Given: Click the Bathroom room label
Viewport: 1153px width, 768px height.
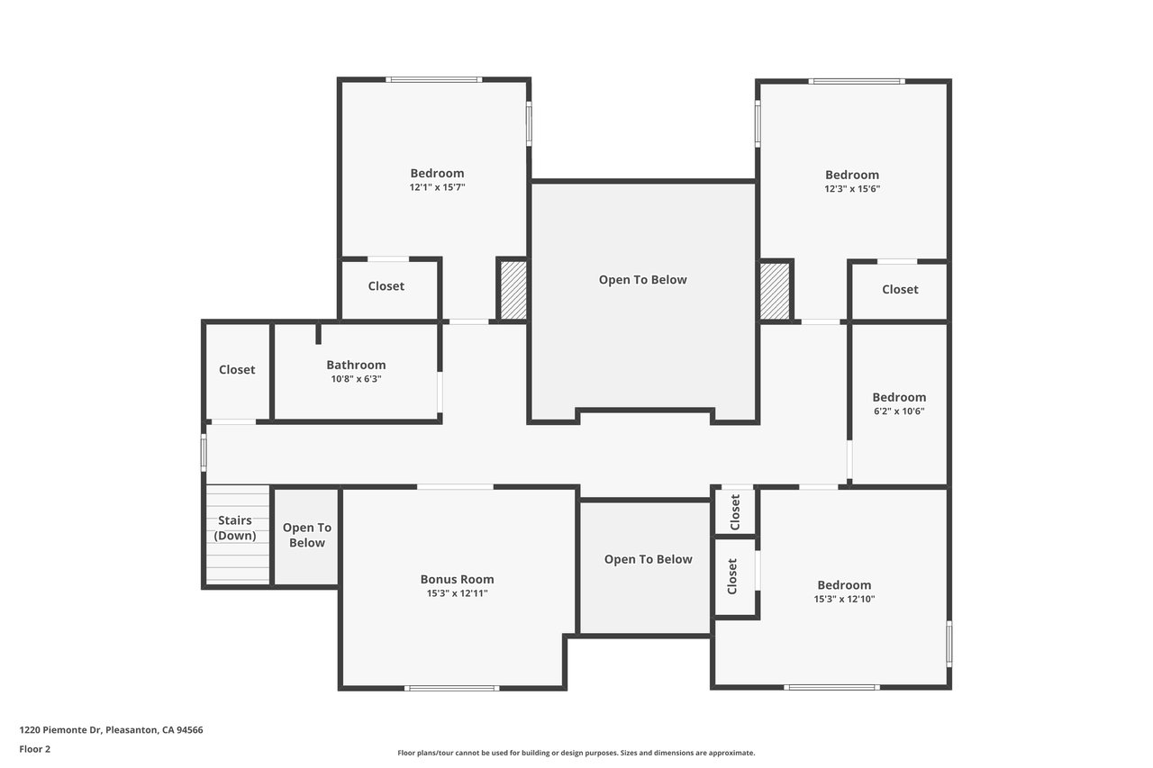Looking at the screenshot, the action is [x=356, y=365].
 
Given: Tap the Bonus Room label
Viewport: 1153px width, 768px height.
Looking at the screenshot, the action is [x=457, y=579].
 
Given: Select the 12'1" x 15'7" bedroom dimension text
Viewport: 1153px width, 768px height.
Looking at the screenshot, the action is [x=437, y=187].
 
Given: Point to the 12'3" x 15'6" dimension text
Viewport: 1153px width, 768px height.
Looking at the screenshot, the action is [x=852, y=189].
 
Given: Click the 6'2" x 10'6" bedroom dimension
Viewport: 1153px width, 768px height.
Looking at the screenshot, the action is [x=899, y=411].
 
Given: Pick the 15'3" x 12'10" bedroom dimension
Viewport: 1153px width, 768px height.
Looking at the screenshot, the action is [x=844, y=599].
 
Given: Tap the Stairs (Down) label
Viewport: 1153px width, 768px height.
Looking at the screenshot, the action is [x=235, y=528].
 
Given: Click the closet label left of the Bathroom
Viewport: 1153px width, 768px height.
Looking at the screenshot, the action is [x=237, y=369].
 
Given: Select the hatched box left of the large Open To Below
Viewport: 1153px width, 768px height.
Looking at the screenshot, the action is [x=513, y=290].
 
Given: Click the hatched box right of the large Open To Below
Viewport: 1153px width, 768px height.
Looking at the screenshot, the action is [x=775, y=291].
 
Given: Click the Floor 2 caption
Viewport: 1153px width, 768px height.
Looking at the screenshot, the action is [x=35, y=749].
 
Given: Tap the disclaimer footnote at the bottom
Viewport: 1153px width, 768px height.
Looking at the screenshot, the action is [x=576, y=753].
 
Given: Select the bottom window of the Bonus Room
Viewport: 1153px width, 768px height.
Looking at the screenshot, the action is [x=451, y=688].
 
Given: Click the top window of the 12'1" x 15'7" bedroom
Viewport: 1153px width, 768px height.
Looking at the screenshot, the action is [x=434, y=80].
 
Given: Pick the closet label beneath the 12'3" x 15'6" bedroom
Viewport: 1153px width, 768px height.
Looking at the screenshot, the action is [x=900, y=290].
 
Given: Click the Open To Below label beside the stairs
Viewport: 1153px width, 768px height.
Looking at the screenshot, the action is [x=307, y=535].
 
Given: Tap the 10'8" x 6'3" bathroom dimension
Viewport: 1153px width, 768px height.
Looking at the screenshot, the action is [x=356, y=379].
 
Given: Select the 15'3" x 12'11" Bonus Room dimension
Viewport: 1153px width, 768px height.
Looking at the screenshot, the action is [x=457, y=593].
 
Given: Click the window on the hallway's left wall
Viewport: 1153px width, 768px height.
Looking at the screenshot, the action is [x=204, y=453].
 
